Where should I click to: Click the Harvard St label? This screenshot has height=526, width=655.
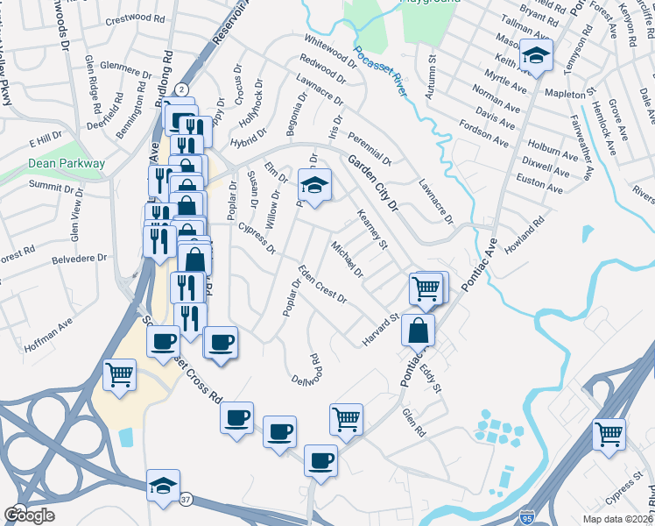point(382,329)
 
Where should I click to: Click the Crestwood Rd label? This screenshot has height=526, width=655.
point(135,18)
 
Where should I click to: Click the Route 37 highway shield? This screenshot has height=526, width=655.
point(185,500)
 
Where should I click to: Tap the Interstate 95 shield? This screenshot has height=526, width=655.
point(525,517)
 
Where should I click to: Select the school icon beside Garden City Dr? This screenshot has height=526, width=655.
point(314,185)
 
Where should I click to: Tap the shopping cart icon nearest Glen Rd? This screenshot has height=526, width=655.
point(347,419)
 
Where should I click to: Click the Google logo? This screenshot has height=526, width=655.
point(28,515)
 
